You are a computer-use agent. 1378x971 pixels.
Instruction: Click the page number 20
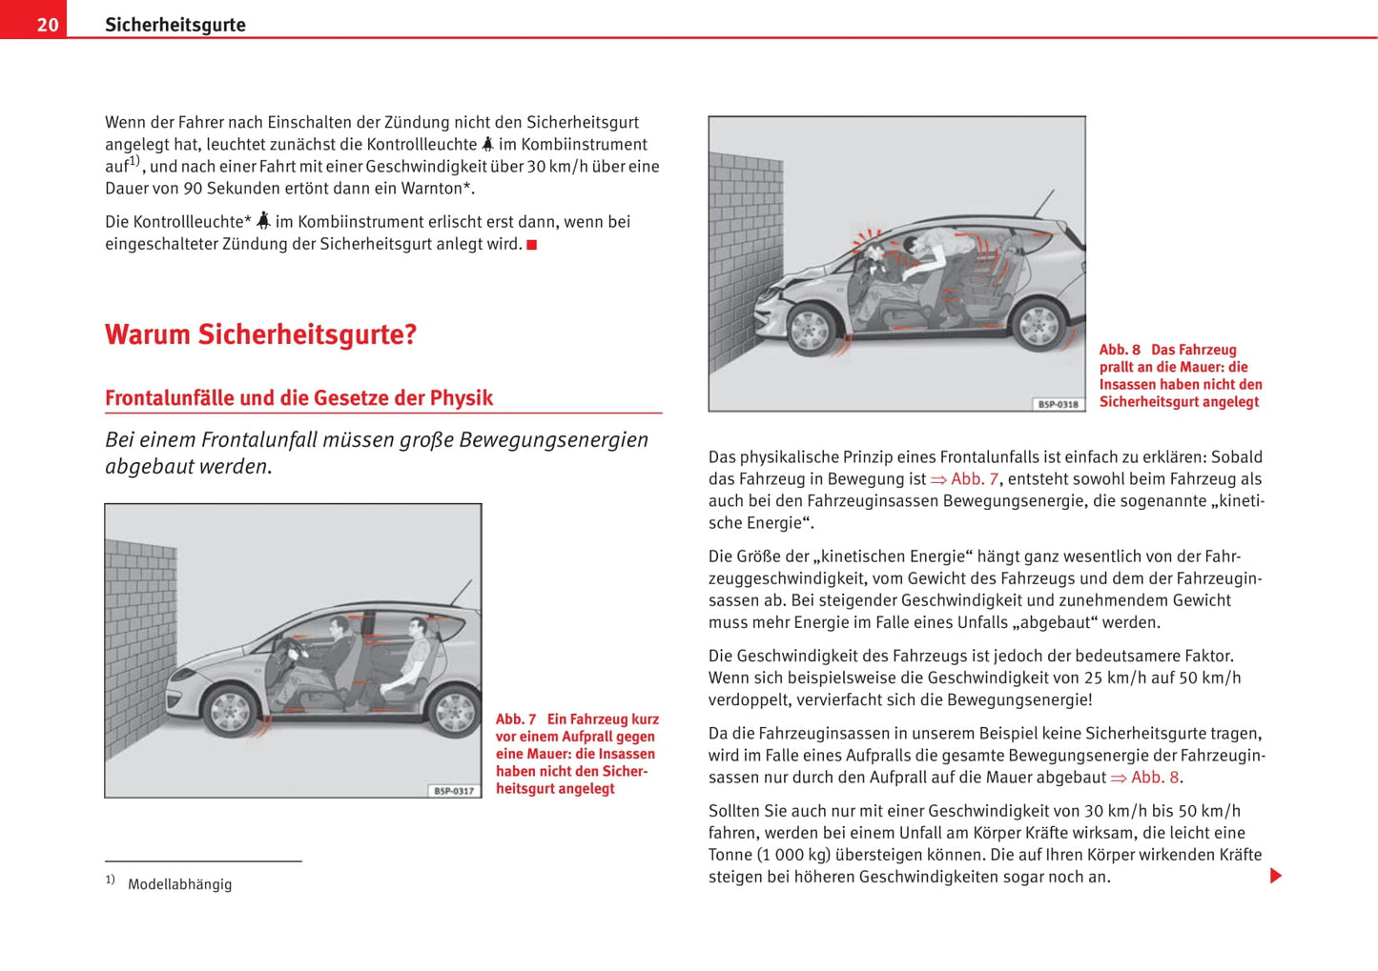(x=48, y=25)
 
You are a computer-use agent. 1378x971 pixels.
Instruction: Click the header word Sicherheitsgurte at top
(x=175, y=25)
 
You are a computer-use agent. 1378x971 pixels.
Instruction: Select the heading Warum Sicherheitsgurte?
(x=260, y=334)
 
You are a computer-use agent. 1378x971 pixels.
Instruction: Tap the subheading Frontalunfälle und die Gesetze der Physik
(x=298, y=398)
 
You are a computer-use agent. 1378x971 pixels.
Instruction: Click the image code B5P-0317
(x=454, y=791)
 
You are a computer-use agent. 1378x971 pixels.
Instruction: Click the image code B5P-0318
(x=1058, y=404)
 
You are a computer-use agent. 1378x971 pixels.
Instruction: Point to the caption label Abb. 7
(x=516, y=719)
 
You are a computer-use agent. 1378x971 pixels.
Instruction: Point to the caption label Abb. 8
(x=1120, y=350)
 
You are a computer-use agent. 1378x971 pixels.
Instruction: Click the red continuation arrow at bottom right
(x=1276, y=876)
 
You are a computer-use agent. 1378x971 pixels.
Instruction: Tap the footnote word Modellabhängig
(x=179, y=884)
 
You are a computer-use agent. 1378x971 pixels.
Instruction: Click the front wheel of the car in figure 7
(x=230, y=710)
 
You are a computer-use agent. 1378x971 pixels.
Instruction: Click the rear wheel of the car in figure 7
(x=454, y=711)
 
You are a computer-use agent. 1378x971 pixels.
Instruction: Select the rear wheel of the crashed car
(x=1038, y=325)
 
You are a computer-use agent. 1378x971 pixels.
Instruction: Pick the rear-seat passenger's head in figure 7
(x=416, y=628)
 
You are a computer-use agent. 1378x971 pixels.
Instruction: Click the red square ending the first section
(x=532, y=245)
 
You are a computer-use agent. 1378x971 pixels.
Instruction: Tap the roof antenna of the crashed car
(x=1044, y=203)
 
